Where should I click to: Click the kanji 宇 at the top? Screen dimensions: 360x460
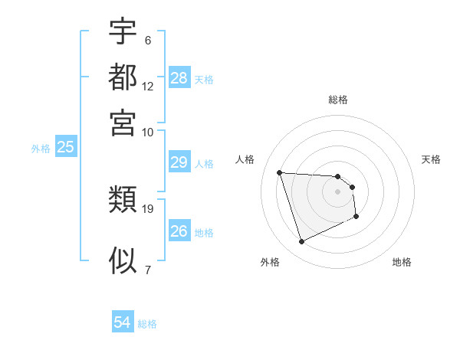pyautogui.click(x=123, y=32)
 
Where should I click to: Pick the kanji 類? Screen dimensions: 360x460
pyautogui.click(x=123, y=201)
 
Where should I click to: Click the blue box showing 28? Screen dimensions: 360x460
pyautogui.click(x=179, y=77)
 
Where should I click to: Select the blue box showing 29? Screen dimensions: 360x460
pyautogui.click(x=179, y=162)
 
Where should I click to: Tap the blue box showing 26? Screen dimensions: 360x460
pyautogui.click(x=179, y=231)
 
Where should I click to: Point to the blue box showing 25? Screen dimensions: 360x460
pyautogui.click(x=65, y=148)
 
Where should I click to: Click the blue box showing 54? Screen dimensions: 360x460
pyautogui.click(x=123, y=322)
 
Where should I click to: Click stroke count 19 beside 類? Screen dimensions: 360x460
pyautogui.click(x=148, y=208)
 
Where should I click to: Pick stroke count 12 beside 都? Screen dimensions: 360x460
pyautogui.click(x=148, y=86)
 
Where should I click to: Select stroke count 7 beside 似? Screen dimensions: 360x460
pyautogui.click(x=147, y=269)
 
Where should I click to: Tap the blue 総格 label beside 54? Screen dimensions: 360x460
pyautogui.click(x=147, y=324)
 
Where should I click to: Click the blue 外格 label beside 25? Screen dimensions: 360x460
pyautogui.click(x=41, y=149)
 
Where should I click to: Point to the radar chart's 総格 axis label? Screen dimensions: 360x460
pyautogui.click(x=338, y=100)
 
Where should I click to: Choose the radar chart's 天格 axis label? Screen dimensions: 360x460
pyautogui.click(x=432, y=159)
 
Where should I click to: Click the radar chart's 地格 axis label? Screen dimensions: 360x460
pyautogui.click(x=402, y=262)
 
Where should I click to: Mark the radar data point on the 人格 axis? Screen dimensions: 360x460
pyautogui.click(x=280, y=172)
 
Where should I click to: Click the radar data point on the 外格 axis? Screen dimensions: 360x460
pyautogui.click(x=302, y=242)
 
